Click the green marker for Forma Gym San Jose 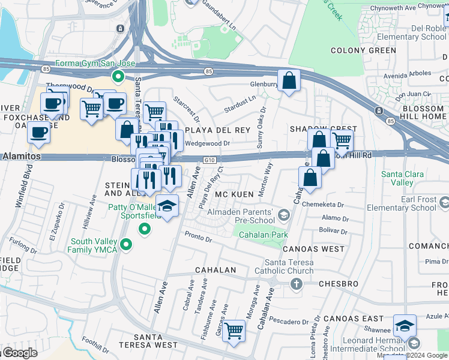(x=118, y=76)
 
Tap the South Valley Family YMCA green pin (x=125, y=244)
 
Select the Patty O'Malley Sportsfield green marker (x=144, y=229)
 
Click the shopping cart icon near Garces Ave (x=234, y=330)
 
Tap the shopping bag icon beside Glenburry (x=289, y=80)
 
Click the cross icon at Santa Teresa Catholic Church (x=295, y=283)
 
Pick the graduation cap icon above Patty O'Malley (x=167, y=205)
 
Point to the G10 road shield (x=209, y=160)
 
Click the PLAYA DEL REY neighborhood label (x=217, y=130)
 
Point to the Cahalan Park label (x=264, y=235)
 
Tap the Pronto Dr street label (x=198, y=237)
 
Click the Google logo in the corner (x=19, y=353)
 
